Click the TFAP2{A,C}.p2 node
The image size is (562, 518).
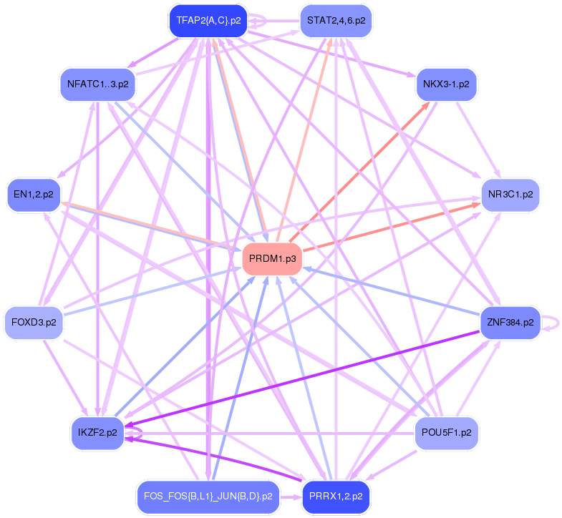[208, 20]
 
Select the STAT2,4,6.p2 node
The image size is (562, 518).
[336, 20]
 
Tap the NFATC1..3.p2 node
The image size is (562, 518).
[97, 84]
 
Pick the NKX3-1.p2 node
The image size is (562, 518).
[446, 84]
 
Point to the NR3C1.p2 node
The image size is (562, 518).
[510, 193]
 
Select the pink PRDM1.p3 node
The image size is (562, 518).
[272, 258]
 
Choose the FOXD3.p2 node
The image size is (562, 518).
[34, 322]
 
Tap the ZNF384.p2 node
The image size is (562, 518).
[510, 322]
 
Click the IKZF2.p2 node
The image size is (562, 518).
[97, 433]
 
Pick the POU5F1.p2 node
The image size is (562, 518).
[446, 433]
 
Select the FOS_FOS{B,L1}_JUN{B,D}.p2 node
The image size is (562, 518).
[208, 496]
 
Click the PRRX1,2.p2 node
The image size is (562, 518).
[336, 496]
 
